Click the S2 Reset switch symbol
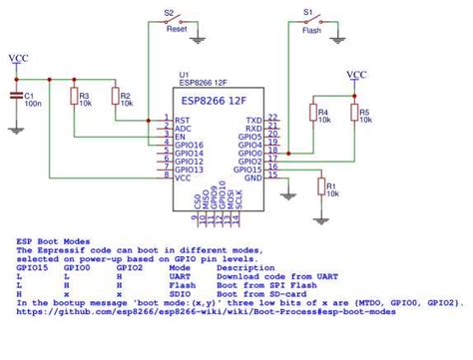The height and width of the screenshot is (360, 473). coord(176,20)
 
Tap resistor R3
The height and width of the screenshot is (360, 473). coord(73,96)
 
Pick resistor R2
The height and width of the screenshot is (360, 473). coord(115,96)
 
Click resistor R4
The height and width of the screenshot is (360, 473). coord(313,113)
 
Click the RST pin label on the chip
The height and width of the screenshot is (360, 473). coord(182,119)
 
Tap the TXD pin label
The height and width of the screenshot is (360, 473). coord(254,119)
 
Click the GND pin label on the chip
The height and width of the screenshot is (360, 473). coord(254,178)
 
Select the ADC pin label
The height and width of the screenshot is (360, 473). coord(182,128)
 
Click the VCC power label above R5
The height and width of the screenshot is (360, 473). coord(355,74)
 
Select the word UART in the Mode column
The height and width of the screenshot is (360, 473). coord(182,275)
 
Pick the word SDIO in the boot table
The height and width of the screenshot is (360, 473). coord(182,292)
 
